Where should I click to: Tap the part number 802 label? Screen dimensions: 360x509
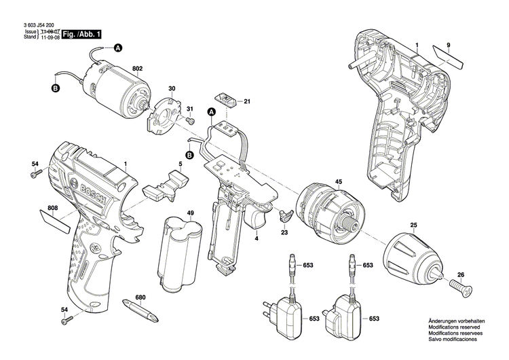tap(138, 69)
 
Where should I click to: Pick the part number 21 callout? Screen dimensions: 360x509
tap(248, 102)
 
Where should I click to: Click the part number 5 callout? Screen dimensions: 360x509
tap(181, 164)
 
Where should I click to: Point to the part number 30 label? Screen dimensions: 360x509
tap(172, 89)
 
